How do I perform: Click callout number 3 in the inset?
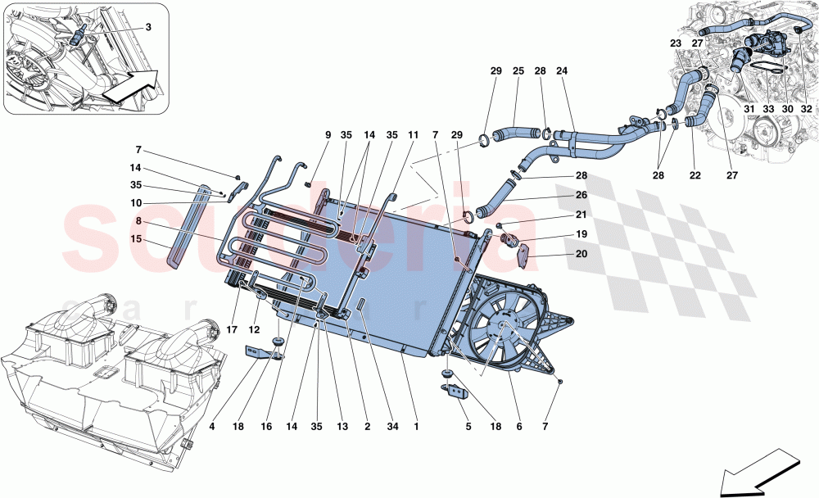(148, 27)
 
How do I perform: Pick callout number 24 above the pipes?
(562, 71)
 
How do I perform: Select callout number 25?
(518, 71)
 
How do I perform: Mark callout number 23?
(675, 43)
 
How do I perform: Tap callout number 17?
(233, 330)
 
